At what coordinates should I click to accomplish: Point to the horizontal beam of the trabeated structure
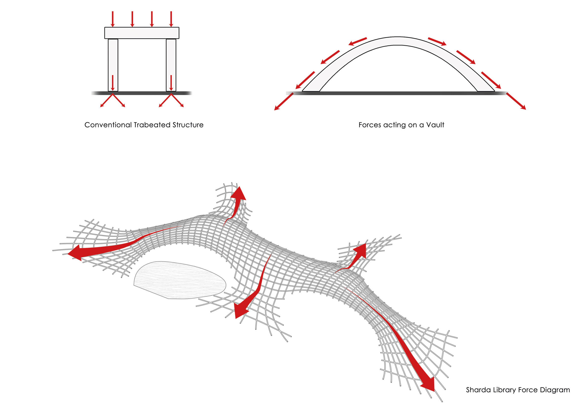[x=142, y=33]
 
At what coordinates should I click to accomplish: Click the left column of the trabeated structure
[x=113, y=59]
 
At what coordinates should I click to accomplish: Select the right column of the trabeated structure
[x=171, y=59]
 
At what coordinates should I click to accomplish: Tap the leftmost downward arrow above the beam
[x=113, y=19]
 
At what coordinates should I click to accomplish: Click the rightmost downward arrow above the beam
[x=171, y=19]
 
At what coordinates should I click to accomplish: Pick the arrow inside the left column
[x=113, y=83]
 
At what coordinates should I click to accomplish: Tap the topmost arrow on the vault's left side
[x=357, y=41]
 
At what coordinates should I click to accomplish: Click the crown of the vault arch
[x=398, y=41]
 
